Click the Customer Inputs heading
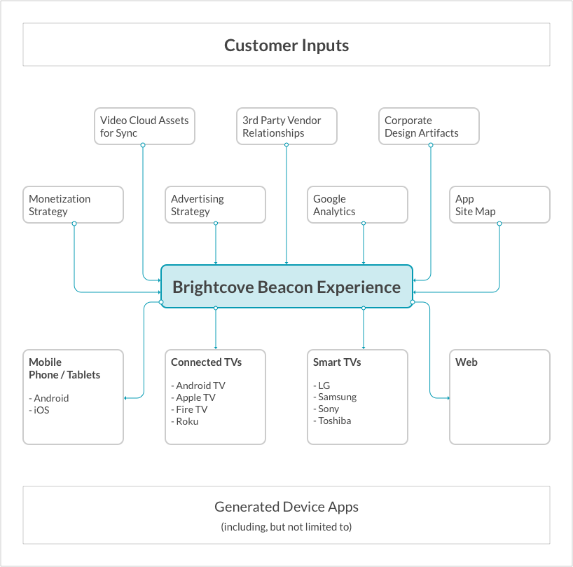point(286,46)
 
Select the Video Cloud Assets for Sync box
point(144,126)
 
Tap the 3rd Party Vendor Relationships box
point(286,126)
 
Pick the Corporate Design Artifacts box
point(429,126)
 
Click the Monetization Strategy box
point(73,205)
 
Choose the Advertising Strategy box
point(215,205)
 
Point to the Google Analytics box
point(357,205)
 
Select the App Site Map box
point(499,205)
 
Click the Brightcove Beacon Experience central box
point(287,287)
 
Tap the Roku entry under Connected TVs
point(185,421)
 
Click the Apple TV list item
point(193,397)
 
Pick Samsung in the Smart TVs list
point(335,397)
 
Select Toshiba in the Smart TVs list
point(332,421)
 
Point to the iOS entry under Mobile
point(39,410)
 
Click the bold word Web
point(467,362)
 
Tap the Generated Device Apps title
point(286,507)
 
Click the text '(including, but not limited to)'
point(286,527)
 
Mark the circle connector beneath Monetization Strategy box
point(74,224)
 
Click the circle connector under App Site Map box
point(499,224)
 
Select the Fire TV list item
point(189,409)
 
